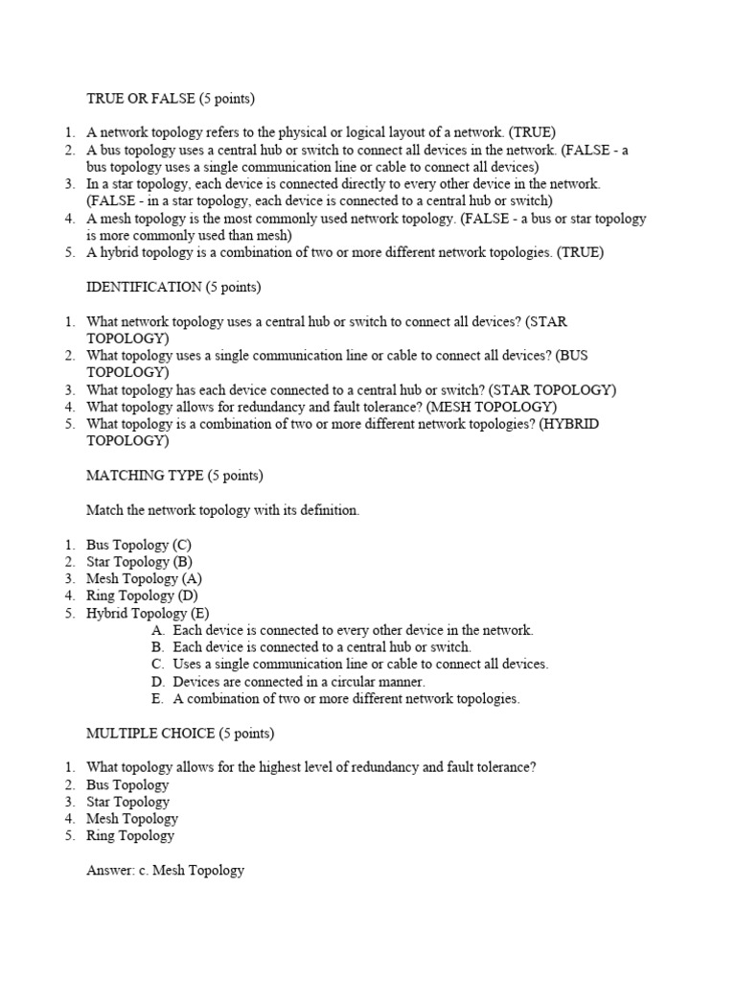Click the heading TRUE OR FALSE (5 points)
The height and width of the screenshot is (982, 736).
point(171,98)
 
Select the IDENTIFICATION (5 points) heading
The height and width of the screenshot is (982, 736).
point(173,287)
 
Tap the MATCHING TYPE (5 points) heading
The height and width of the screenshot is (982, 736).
point(174,476)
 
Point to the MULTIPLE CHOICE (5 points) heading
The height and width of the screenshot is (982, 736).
point(180,734)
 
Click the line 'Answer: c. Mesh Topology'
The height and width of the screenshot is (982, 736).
point(165,871)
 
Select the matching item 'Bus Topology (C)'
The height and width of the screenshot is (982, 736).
point(139,545)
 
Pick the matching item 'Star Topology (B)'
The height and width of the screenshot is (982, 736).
point(139,562)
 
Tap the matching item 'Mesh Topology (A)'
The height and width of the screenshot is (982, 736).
point(144,579)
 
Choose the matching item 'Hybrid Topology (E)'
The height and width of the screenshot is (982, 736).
point(148,614)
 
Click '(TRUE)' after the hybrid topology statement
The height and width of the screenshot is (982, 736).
point(581,253)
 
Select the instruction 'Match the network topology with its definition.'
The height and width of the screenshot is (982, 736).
point(222,510)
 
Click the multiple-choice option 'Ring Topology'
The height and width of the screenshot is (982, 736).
point(130,836)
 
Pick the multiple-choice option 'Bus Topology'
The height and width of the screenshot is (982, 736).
point(127,784)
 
